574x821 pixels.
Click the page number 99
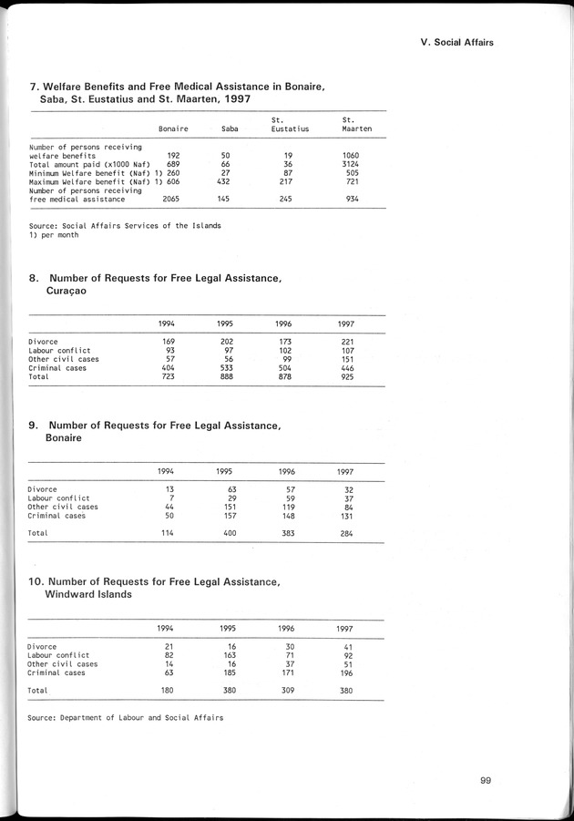[x=490, y=779]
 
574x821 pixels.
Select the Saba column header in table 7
[x=230, y=128]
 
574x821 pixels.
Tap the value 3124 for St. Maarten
[x=351, y=164]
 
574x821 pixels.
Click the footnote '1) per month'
[x=54, y=234]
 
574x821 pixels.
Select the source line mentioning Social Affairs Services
[x=125, y=225]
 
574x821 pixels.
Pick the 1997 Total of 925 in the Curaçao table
[x=347, y=375]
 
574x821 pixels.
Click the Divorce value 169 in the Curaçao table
[x=168, y=342]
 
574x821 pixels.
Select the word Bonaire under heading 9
[x=64, y=438]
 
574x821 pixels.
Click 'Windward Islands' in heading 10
[x=86, y=594]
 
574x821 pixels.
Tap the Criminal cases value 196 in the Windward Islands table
[x=346, y=672]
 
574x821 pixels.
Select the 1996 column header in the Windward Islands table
[x=286, y=629]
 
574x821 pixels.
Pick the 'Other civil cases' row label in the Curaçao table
[x=63, y=359]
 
